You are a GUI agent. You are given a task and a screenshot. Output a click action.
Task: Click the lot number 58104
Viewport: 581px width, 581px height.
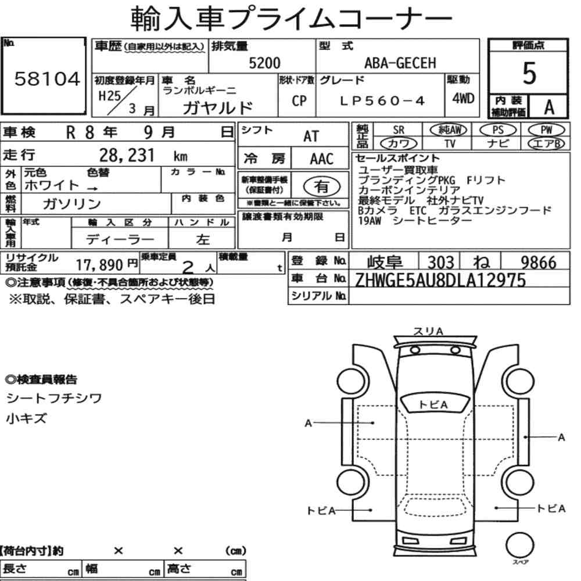[x=47, y=79]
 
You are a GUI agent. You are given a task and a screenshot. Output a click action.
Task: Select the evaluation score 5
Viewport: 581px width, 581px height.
[x=529, y=73]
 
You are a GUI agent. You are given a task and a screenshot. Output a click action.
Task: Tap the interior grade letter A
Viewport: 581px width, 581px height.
[x=549, y=107]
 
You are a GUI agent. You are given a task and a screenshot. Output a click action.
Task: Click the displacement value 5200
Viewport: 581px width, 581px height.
[x=264, y=63]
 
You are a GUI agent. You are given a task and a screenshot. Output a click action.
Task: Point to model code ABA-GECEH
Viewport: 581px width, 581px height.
[x=400, y=63]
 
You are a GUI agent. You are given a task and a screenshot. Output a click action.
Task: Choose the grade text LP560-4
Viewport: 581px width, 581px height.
[x=382, y=101]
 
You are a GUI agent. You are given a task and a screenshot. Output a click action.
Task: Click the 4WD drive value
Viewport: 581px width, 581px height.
[x=463, y=98]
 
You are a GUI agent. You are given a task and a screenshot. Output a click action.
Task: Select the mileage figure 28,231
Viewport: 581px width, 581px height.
[x=127, y=155]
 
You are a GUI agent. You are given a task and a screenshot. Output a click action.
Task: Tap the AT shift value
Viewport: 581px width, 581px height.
[x=311, y=137]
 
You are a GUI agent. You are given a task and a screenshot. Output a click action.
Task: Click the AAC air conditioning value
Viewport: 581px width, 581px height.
[x=322, y=159]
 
